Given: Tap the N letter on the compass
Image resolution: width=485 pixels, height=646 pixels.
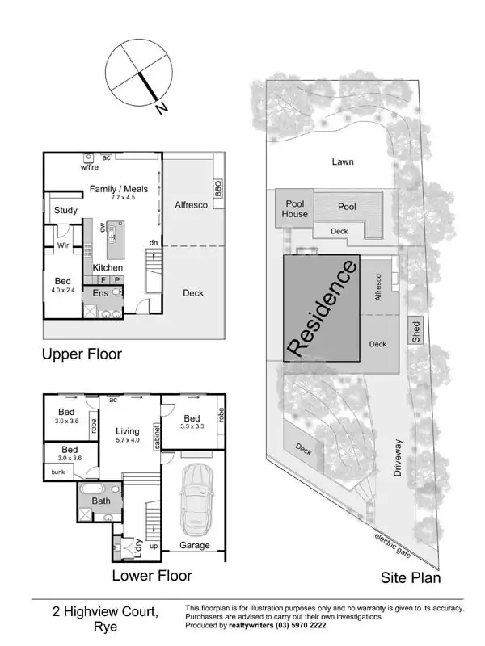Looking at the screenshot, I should pyautogui.click(x=162, y=108).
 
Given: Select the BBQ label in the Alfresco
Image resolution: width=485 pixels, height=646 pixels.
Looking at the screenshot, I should pyautogui.click(x=217, y=188).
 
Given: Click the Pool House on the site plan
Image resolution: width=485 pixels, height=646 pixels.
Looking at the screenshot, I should pyautogui.click(x=294, y=209).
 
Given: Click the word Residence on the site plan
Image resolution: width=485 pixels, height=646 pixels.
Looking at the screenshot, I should pyautogui.click(x=322, y=308).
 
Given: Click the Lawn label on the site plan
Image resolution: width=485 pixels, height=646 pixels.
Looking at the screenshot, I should pyautogui.click(x=343, y=161).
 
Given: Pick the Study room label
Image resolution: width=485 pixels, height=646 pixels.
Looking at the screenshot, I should pyautogui.click(x=65, y=211).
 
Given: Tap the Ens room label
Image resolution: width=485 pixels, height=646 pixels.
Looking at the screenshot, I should pyautogui.click(x=100, y=292).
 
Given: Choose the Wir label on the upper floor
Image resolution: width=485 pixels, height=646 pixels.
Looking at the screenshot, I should pyautogui.click(x=62, y=245).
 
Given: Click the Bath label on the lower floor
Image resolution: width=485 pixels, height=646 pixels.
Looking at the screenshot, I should pyautogui.click(x=101, y=501).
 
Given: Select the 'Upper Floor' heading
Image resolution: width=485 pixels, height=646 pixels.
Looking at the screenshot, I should pyautogui.click(x=82, y=354).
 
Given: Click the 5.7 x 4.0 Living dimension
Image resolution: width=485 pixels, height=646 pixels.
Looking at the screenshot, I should pyautogui.click(x=128, y=441).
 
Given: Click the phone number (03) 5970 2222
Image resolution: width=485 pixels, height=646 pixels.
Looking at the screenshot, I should pyautogui.click(x=303, y=626).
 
